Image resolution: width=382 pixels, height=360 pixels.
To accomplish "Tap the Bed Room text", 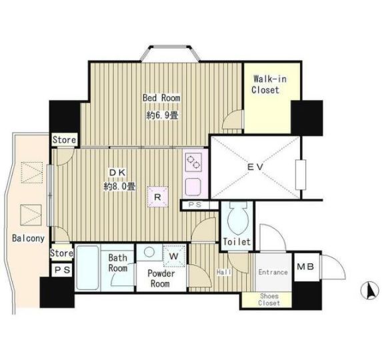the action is pos(161,98).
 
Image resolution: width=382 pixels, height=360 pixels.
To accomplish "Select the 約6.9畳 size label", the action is pos(162,115).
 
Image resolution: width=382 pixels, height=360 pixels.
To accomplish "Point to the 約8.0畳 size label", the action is pos(119,187).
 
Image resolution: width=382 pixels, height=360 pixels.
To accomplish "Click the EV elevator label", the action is pos(255,167).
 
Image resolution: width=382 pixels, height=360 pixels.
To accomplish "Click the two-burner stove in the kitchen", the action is pos(194,162).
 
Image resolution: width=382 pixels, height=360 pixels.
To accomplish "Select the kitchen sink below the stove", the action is pos(193,187).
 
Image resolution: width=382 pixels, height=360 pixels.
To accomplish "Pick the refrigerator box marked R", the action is pos(157,197).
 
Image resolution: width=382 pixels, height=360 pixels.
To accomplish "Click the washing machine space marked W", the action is pos(174,256).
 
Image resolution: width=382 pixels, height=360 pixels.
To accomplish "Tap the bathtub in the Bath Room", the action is pos(88,267).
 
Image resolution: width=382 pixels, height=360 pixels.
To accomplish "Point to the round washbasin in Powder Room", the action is pos(149,251).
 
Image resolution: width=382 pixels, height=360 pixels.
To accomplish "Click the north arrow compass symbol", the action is pos(369,291).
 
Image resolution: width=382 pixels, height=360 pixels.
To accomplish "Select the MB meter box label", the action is pos(305,267).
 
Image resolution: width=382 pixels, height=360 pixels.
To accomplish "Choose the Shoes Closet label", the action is pos(269,299).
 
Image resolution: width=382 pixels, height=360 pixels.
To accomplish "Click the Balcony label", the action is pos(28,238).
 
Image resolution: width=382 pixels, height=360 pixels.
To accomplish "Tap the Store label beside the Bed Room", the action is pos(64,139).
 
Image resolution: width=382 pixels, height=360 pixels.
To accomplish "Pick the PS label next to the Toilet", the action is pos(195,205).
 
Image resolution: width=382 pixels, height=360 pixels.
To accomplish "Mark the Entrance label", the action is pos(273,272).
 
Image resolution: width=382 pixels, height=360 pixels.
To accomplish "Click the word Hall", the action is pos(224,272).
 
